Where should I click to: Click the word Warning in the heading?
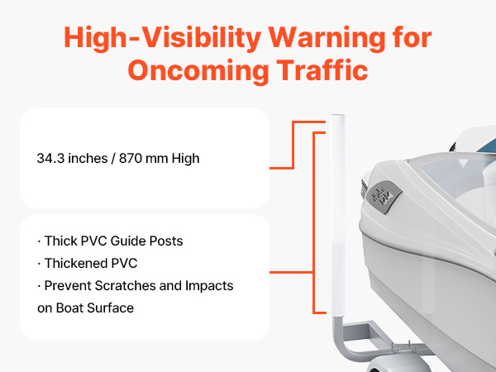coord(327,39)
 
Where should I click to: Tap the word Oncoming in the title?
coord(198,71)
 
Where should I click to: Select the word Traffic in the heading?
coord(322,69)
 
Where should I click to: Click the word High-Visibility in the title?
coord(163,39)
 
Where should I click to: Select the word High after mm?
coord(186,159)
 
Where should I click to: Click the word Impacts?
coord(209,286)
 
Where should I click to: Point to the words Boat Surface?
coord(95,308)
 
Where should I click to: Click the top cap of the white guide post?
coord(337,117)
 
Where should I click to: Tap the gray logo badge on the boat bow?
coord(384,197)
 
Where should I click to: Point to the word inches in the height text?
coord(88,159)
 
